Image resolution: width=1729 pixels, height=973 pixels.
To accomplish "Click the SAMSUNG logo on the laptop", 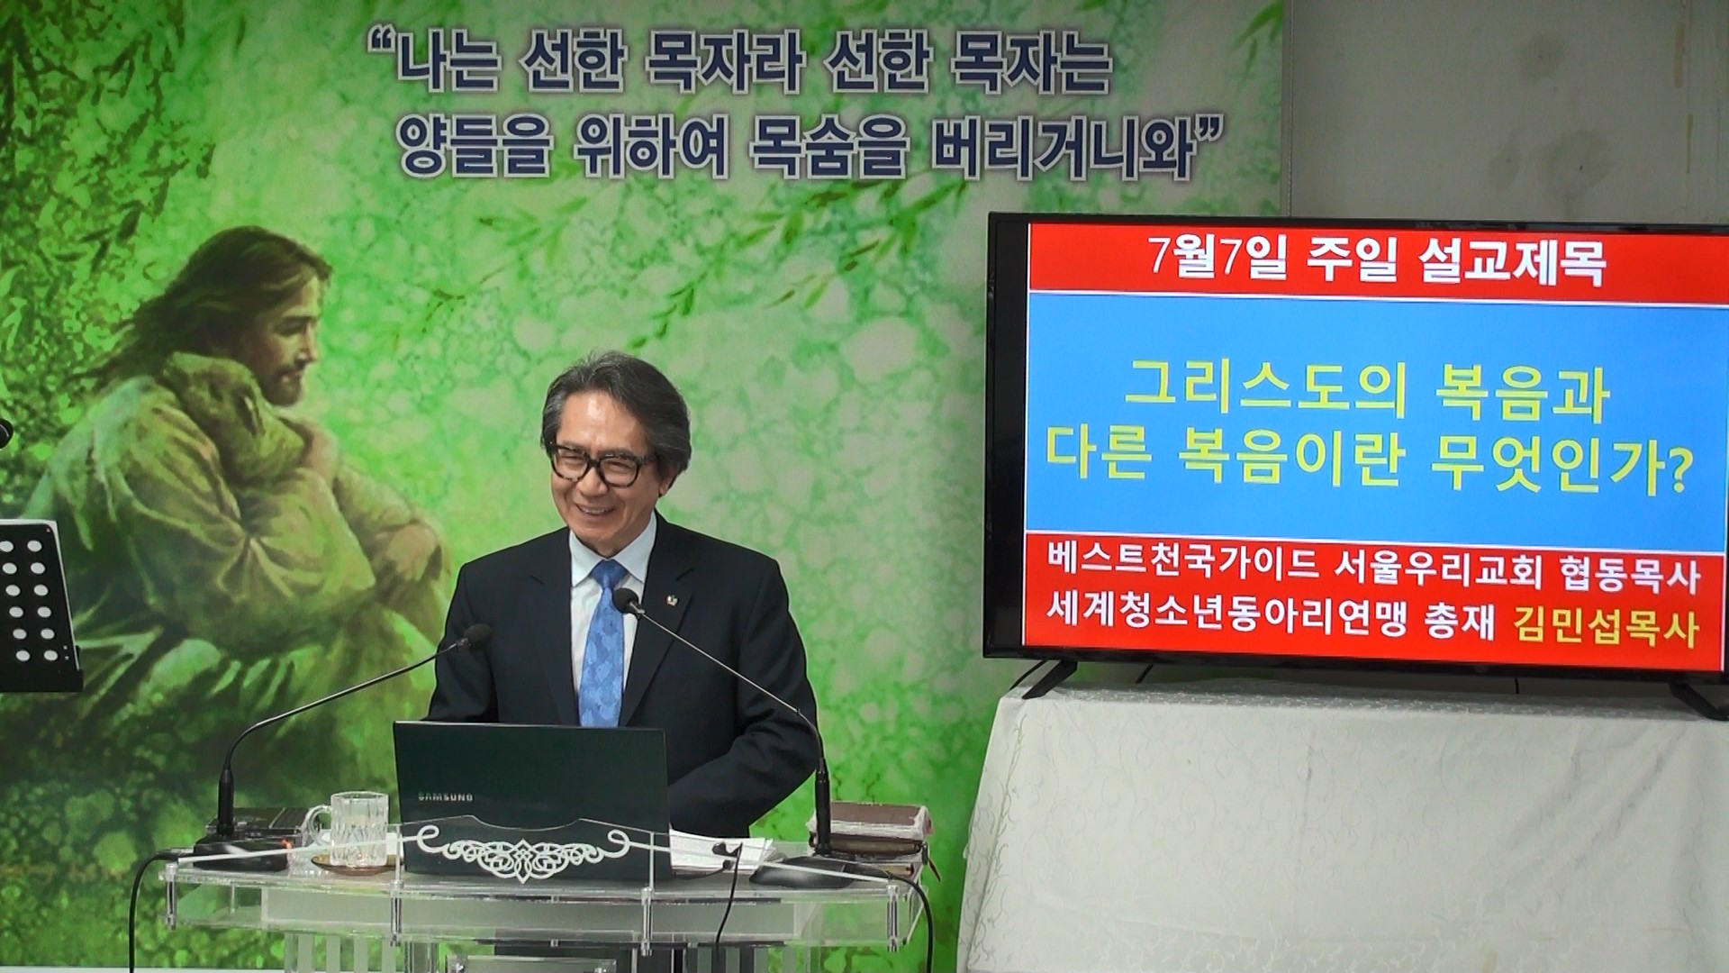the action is [x=444, y=796].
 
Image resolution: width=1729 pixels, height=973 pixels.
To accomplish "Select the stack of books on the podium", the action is [x=864, y=833].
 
